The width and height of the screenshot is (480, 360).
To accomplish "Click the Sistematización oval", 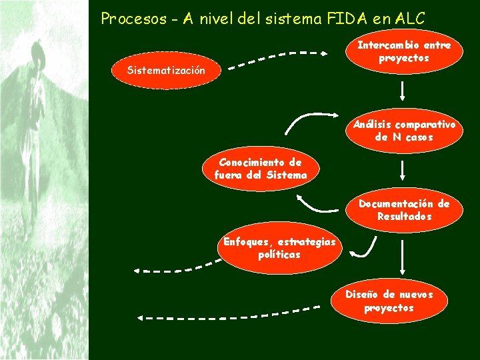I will (166, 71).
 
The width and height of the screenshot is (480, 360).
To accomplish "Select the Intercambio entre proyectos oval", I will (404, 52).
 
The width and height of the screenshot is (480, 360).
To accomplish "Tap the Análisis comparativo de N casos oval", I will (404, 131).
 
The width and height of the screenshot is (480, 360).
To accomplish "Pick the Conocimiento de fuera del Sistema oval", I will (261, 169).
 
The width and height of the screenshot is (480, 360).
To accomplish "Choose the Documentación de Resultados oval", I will (404, 210).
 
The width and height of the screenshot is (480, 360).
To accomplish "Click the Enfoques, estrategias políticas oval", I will (280, 248).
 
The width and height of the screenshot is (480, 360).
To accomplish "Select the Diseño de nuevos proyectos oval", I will (389, 301).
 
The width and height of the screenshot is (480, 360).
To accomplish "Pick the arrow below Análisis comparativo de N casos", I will (403, 169).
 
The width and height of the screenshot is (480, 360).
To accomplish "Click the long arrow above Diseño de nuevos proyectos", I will (403, 258).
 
